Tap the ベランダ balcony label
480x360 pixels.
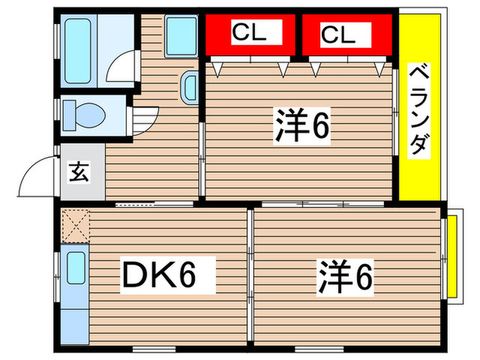click(420, 110)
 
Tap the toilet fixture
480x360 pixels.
click(83, 114)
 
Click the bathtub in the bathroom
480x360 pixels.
click(77, 51)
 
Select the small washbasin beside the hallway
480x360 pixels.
click(190, 87)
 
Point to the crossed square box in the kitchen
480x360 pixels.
click(75, 226)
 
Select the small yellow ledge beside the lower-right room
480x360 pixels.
click(452, 257)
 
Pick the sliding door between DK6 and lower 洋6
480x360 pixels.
click(250, 274)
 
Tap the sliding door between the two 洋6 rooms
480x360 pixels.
click(322, 204)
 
